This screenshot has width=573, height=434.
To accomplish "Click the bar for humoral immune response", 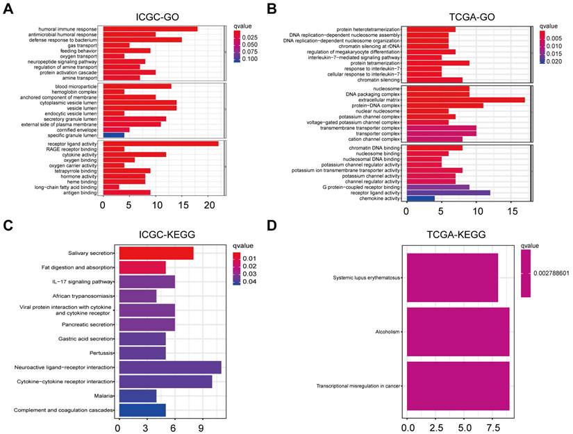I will (150, 28).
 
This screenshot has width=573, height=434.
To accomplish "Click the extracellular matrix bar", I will (466, 100).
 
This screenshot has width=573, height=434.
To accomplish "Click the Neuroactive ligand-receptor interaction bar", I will (170, 367).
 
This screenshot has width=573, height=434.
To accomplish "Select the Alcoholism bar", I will (458, 332).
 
